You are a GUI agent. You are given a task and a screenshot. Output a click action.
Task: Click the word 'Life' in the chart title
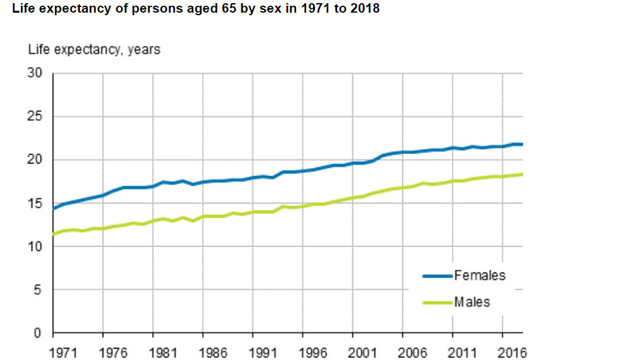tap(24, 10)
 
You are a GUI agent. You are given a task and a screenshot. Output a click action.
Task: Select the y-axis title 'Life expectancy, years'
tap(94, 49)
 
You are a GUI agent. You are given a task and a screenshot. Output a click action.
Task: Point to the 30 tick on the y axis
tap(35, 74)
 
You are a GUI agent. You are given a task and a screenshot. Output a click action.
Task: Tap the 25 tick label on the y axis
tap(35, 117)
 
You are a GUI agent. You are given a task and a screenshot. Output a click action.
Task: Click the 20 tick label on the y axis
tap(35, 160)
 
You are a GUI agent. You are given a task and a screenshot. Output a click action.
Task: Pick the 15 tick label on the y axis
tap(35, 203)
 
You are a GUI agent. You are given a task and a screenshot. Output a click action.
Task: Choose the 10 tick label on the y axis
tap(35, 247)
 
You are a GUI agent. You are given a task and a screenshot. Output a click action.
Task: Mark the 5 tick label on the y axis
tap(38, 290)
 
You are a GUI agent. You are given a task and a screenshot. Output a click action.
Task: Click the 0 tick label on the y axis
tap(38, 333)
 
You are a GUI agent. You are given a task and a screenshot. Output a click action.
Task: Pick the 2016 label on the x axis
tap(513, 353)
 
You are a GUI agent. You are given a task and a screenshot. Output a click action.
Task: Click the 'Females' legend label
tap(480, 275)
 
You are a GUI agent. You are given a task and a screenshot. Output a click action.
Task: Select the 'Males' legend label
tap(472, 302)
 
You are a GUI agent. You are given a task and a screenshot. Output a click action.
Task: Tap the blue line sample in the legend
tap(438, 276)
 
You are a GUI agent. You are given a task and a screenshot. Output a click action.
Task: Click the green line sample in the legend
tap(438, 303)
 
